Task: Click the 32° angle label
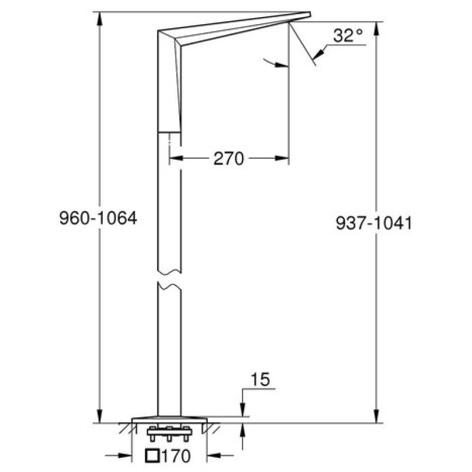(348, 35)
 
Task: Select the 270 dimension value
(228, 159)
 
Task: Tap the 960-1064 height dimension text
(98, 218)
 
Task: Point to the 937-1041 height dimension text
(373, 223)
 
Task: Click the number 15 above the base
(261, 379)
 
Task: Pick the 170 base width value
(176, 456)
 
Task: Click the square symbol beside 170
(153, 455)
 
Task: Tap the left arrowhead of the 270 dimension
(176, 158)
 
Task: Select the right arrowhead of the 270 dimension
(282, 158)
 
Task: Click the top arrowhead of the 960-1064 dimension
(100, 19)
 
